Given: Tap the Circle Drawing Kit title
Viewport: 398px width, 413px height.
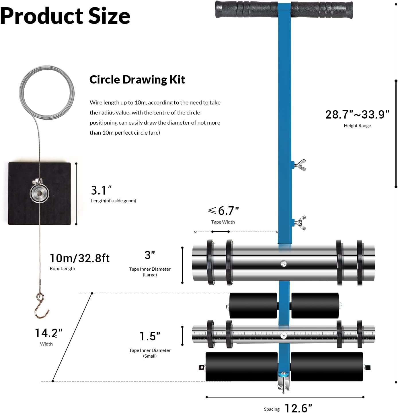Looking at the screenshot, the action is click(x=137, y=80).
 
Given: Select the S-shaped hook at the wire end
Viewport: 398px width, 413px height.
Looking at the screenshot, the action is click(x=42, y=305).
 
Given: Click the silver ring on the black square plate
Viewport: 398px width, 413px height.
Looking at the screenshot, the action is click(x=40, y=193).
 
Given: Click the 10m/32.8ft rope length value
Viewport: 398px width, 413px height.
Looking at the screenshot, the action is click(x=80, y=258).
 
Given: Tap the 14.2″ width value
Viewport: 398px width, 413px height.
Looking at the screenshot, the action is click(x=48, y=333).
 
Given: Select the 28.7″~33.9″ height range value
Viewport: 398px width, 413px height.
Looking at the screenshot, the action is click(x=357, y=115).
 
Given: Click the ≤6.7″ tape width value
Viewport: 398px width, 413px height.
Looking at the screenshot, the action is click(x=223, y=211).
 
